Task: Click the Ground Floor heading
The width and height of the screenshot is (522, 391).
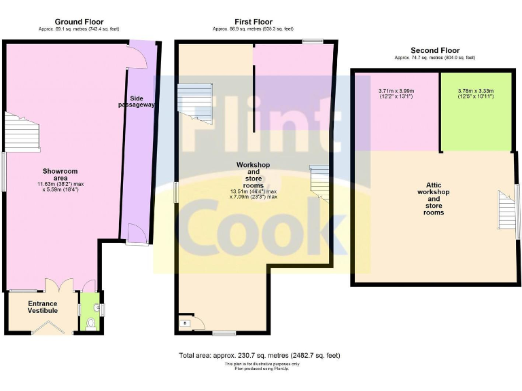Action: [x=79, y=22]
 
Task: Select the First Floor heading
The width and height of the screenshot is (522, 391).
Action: [x=253, y=22]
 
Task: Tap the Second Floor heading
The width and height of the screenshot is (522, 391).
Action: [x=435, y=50]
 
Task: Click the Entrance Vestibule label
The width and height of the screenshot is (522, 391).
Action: [x=42, y=307]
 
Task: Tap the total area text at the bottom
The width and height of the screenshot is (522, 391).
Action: [x=259, y=355]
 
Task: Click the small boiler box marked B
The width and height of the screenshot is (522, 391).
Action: [x=185, y=323]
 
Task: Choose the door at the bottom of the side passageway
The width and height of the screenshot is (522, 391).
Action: [x=136, y=235]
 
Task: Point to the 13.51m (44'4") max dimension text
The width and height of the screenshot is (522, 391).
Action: [x=253, y=191]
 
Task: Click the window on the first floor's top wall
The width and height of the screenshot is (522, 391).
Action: [x=313, y=42]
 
